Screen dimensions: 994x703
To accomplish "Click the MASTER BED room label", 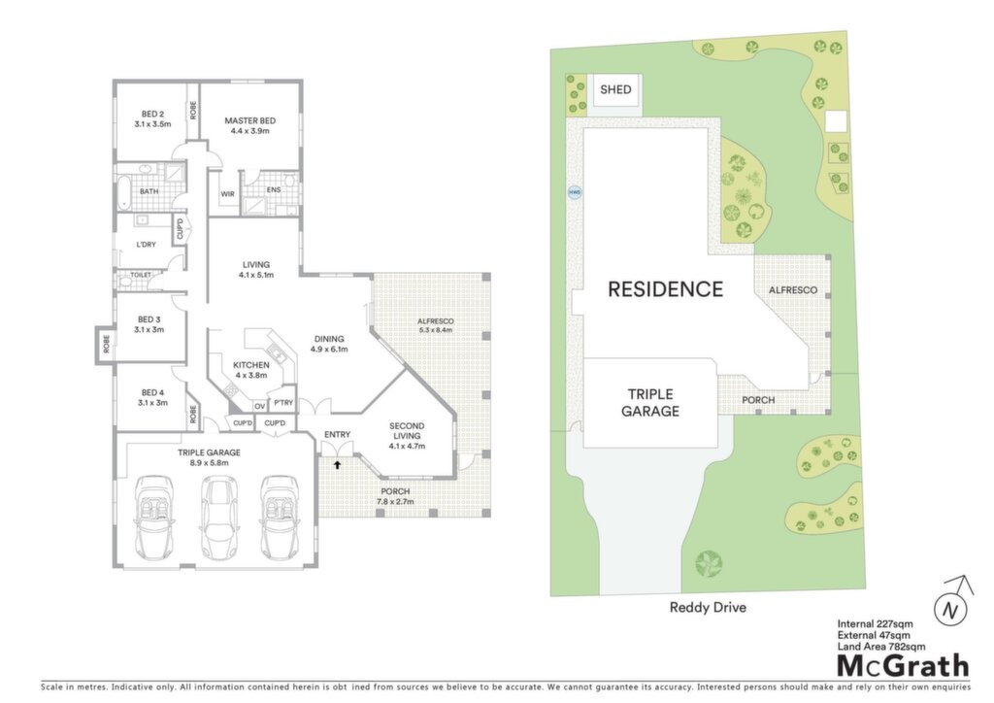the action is pos(249,120).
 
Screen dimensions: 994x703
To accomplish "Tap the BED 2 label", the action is pos(152,115).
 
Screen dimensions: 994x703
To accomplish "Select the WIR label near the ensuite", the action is pos(227,194).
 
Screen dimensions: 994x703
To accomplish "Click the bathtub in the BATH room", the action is pos(124,192).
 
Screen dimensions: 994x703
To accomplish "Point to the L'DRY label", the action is pos(146,244).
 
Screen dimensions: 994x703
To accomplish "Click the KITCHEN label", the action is pos(251,365).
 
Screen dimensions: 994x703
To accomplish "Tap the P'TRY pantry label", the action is pos(283,403).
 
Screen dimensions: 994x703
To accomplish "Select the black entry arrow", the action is pos(337,465).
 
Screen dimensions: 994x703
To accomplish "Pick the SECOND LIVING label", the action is pos(407,431).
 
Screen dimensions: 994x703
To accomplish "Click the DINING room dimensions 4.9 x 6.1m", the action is pos(329,350).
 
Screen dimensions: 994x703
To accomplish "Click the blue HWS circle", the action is pos(575,192).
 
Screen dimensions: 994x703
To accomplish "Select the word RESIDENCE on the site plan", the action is pos(665,289).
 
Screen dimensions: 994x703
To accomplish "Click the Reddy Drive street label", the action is pos(708,607).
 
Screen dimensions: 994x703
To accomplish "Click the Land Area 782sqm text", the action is pos(881,647).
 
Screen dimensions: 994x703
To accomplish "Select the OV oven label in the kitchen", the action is pos(259,406).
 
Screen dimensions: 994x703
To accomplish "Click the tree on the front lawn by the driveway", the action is pos(709,563).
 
